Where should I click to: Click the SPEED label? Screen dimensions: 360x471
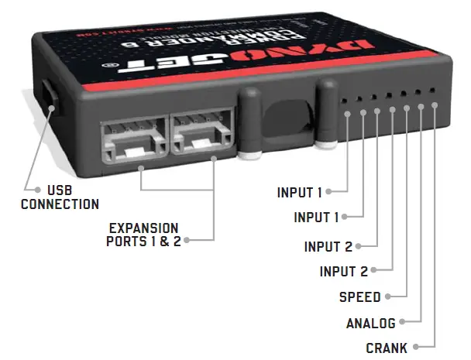tap(359, 297)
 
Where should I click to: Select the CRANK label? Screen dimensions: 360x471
tap(387, 348)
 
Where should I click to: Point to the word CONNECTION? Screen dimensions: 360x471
tap(60, 204)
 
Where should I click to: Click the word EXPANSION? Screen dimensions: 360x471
tap(143, 228)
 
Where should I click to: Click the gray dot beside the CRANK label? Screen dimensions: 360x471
tap(416, 348)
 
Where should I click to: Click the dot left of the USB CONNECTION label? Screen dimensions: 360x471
tap(36, 190)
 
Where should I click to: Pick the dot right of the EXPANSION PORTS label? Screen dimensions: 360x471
tap(187, 241)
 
